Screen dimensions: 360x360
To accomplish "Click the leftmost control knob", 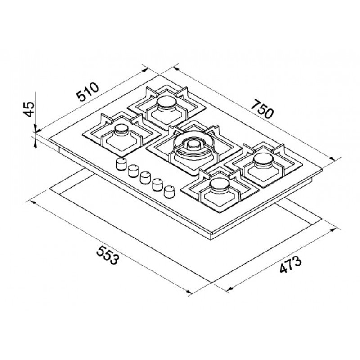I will pyautogui.click(x=121, y=165).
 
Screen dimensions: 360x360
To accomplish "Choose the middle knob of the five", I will pyautogui.click(x=145, y=178).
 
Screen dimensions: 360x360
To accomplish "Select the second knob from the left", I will pyautogui.click(x=133, y=171).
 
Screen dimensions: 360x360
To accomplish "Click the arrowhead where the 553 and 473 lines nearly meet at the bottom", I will pyautogui.click(x=189, y=293).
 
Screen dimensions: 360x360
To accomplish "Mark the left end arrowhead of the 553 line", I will pyautogui.click(x=33, y=201).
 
